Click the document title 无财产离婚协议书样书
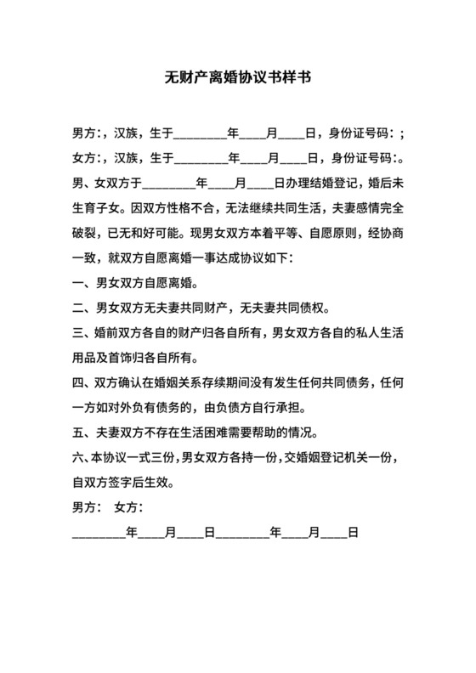[x=237, y=78]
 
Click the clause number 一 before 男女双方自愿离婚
[x=78, y=282]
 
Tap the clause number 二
[x=78, y=307]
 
